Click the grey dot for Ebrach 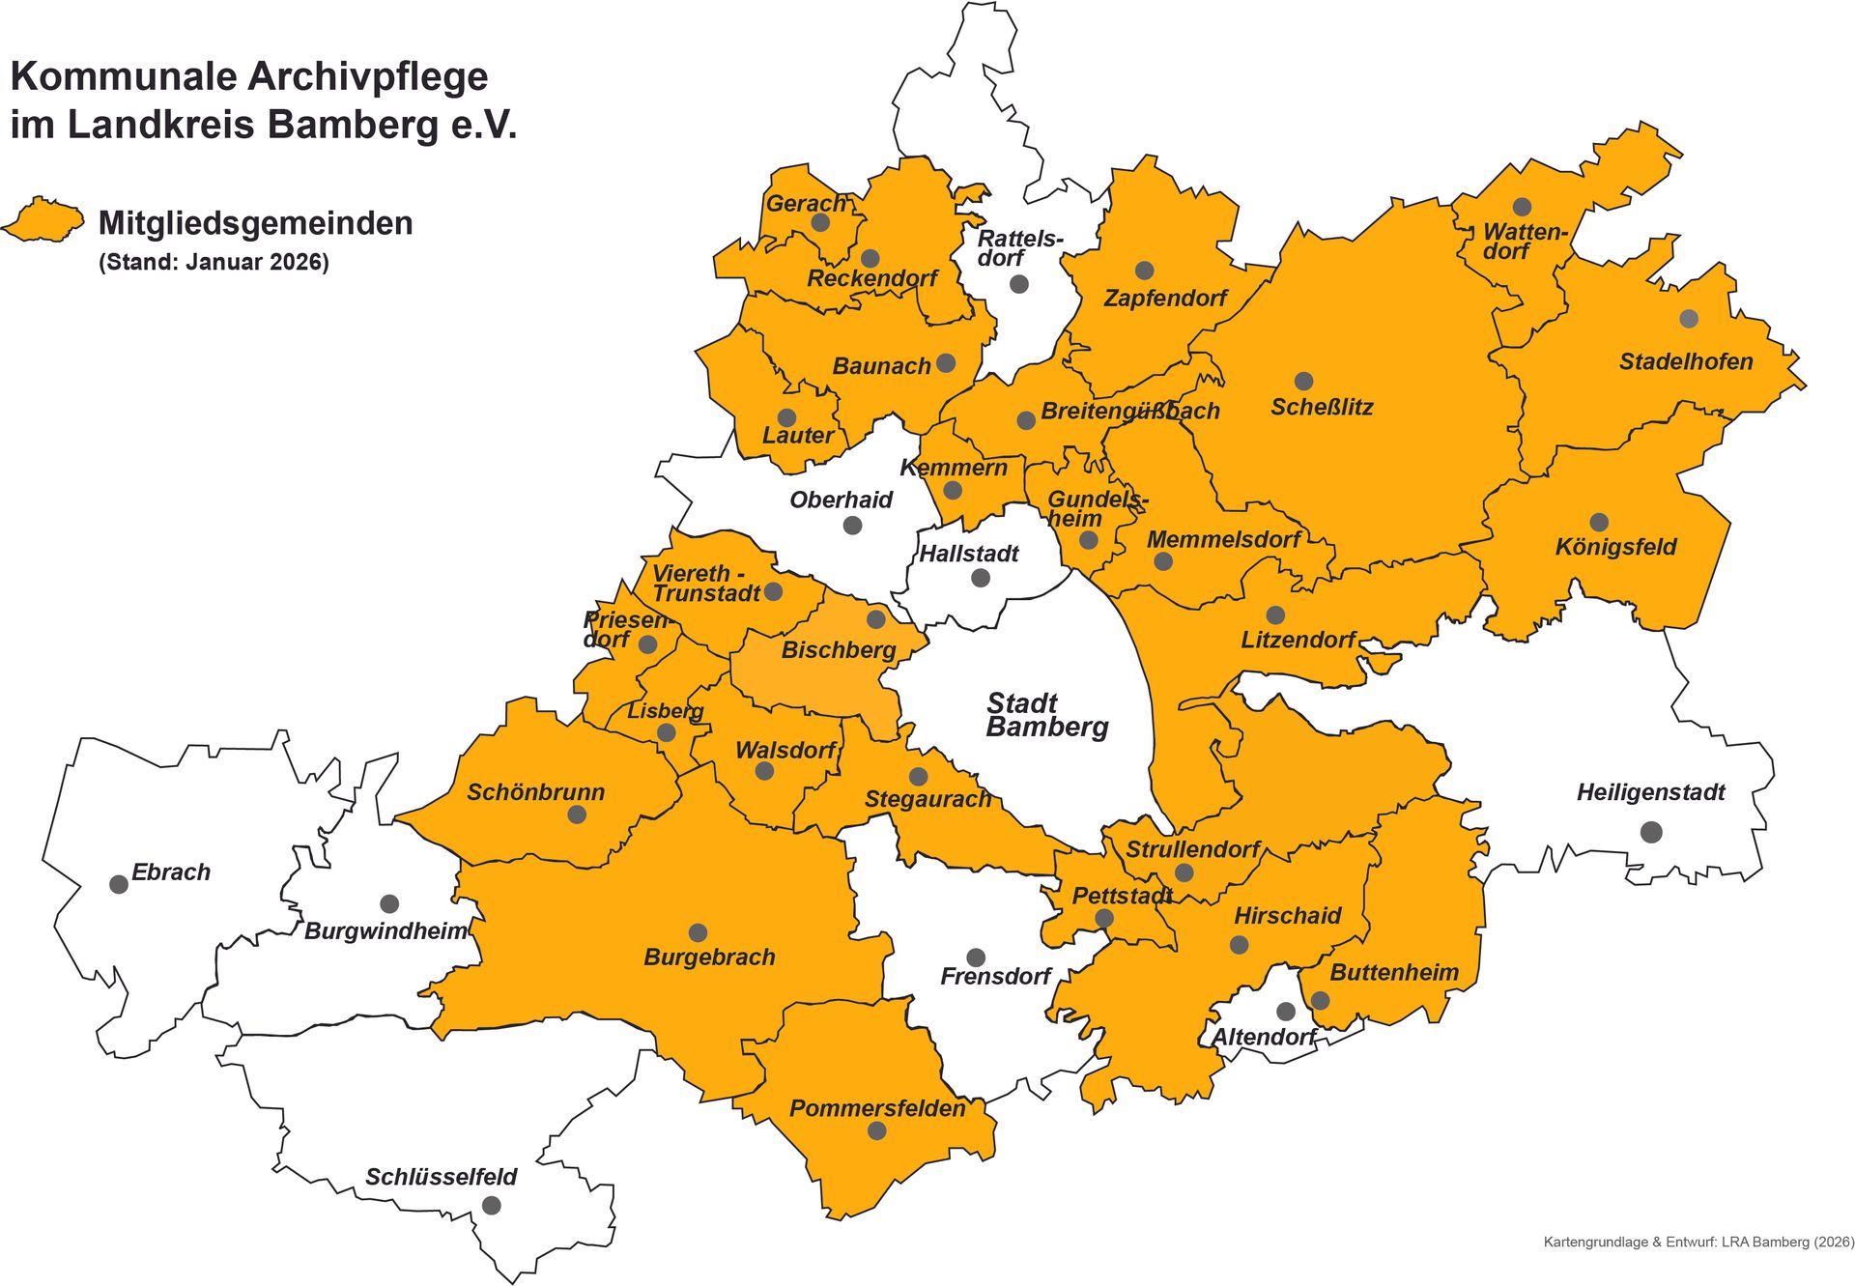click(x=119, y=884)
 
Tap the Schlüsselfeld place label click(x=441, y=1177)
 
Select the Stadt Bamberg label click(x=1046, y=715)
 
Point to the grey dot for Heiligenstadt click(x=1651, y=831)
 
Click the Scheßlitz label click(x=1321, y=407)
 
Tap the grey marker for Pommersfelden click(x=876, y=1129)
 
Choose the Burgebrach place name click(x=709, y=957)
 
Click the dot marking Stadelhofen click(x=1689, y=319)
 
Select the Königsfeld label click(x=1615, y=547)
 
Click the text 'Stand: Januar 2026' click(x=214, y=262)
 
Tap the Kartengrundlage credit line click(x=1698, y=1242)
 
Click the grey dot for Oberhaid click(x=852, y=525)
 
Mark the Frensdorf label click(x=995, y=976)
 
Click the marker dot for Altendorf click(x=1285, y=1012)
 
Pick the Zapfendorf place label click(x=1164, y=298)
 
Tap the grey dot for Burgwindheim click(x=389, y=903)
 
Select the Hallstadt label click(x=968, y=554)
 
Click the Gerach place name click(x=806, y=203)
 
